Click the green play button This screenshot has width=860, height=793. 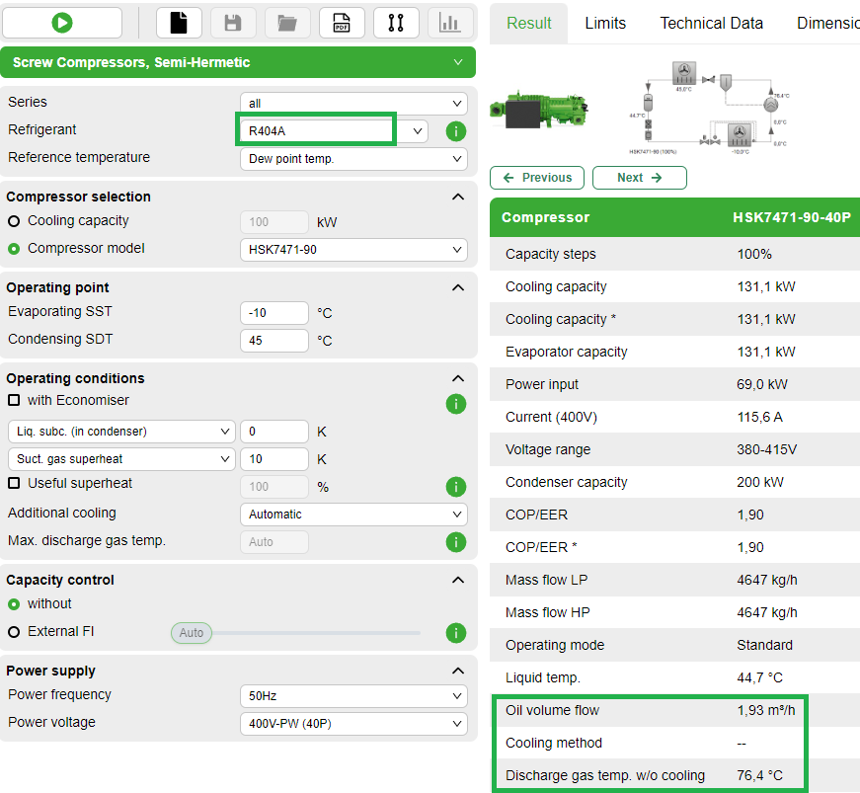62,23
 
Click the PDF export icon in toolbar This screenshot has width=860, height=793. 342,23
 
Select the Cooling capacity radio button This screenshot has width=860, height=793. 14,221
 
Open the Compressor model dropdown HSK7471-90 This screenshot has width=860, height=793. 353,250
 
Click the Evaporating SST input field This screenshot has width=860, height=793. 274,313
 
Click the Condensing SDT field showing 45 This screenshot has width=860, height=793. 274,341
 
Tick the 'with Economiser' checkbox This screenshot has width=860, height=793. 14,401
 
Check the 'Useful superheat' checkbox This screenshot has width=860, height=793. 14,484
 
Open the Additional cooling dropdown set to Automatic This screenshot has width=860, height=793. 353,515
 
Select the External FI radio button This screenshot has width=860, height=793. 14,632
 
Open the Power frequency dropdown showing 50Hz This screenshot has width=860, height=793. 353,696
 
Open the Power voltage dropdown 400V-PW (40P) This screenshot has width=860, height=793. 353,724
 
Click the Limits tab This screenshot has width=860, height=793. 605,24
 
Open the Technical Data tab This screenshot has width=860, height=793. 711,24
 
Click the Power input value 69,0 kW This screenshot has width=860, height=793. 762,384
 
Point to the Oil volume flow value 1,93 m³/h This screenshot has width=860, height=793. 766,710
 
